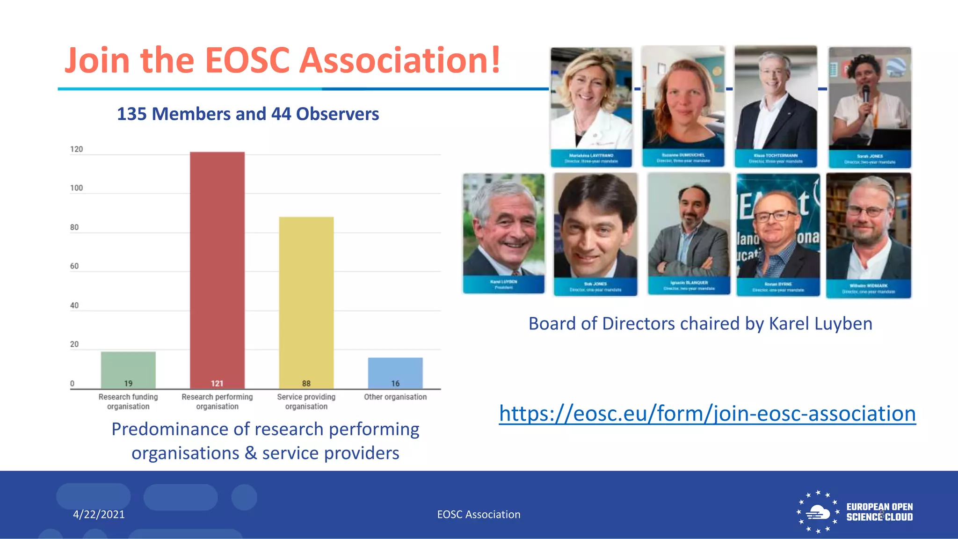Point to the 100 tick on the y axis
[x=76, y=188]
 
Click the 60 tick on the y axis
[x=74, y=266]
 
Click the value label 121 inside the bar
[x=217, y=384]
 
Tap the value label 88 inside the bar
[x=306, y=384]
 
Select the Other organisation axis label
[x=395, y=397]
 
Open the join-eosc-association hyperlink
[x=707, y=414]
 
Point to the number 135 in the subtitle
[x=131, y=114]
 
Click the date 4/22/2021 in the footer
[x=99, y=514]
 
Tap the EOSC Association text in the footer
[x=479, y=514]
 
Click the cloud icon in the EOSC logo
[x=818, y=512]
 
